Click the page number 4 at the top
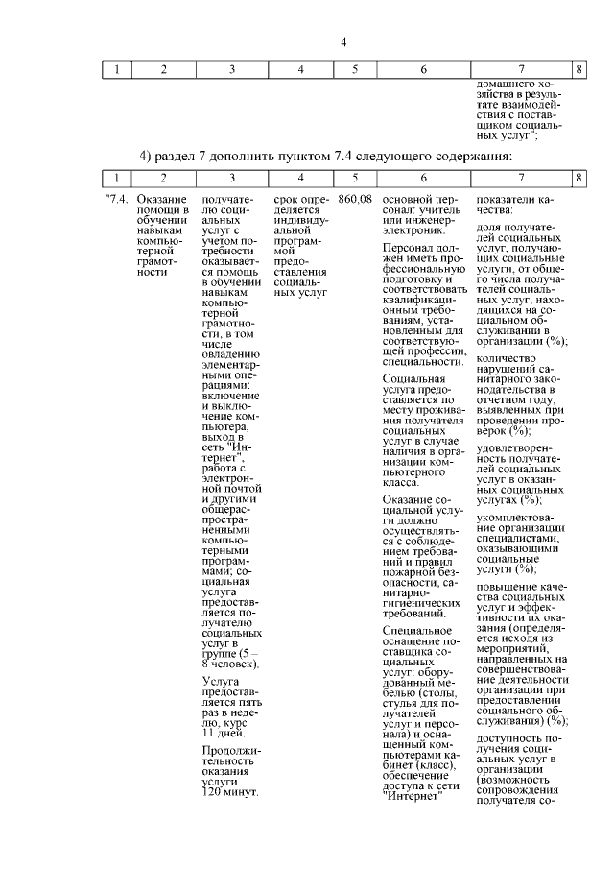point(343,41)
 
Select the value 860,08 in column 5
point(355,198)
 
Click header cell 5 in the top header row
point(355,69)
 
